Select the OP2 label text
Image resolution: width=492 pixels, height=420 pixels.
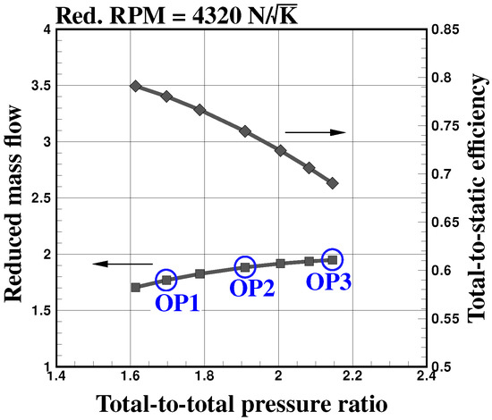pyautogui.click(x=253, y=289)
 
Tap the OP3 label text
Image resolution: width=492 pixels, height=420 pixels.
pyautogui.click(x=328, y=281)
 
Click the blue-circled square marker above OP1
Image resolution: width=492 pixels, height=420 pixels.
pyautogui.click(x=166, y=280)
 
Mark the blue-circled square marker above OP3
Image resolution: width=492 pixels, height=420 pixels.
pyautogui.click(x=332, y=259)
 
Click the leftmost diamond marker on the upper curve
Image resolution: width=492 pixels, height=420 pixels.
pyautogui.click(x=135, y=86)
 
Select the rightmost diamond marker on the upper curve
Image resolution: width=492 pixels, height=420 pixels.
pyautogui.click(x=333, y=182)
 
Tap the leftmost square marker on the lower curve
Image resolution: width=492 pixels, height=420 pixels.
pyautogui.click(x=135, y=287)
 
